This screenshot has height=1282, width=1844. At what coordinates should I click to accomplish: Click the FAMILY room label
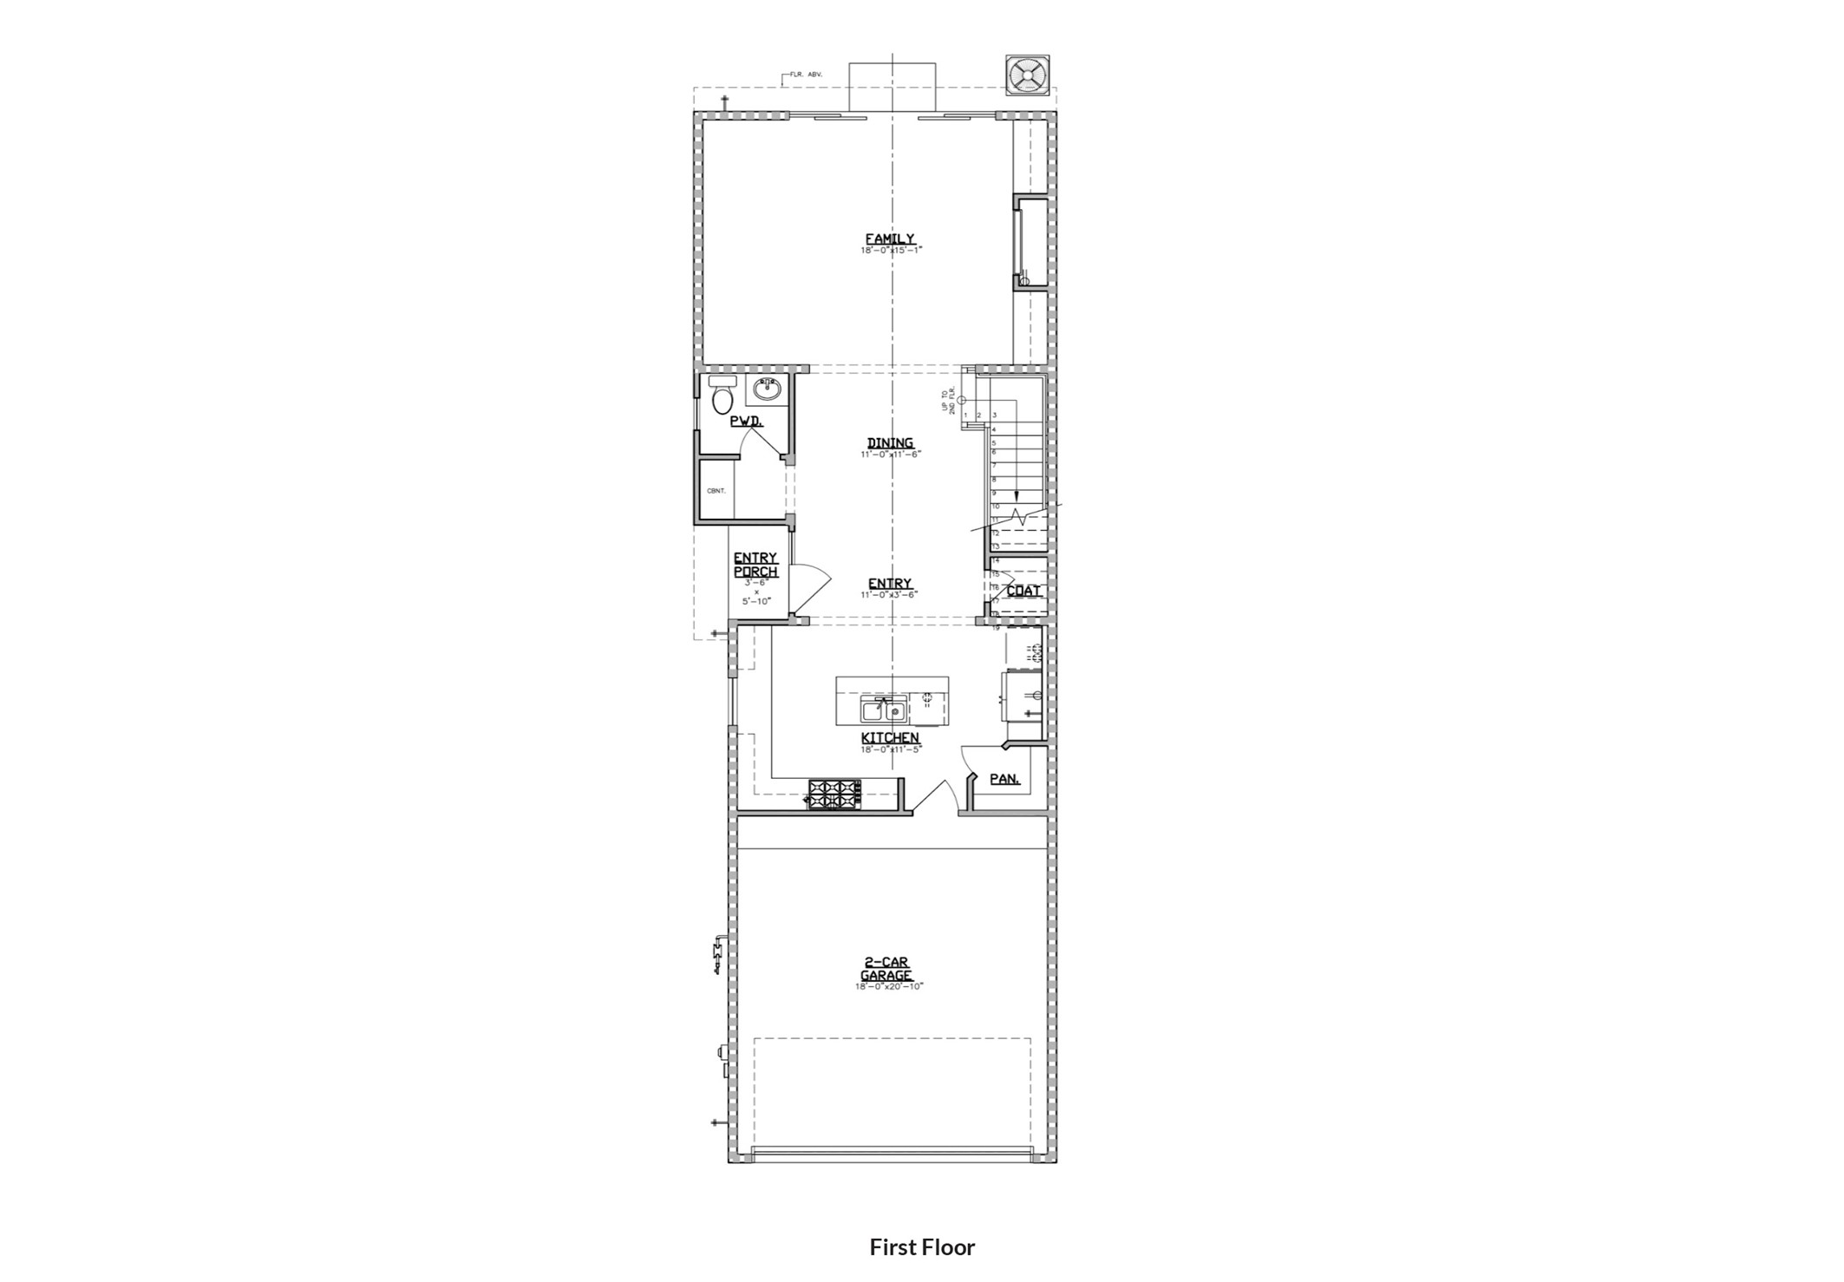(889, 239)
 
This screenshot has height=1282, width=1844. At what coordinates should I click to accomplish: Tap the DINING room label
(890, 442)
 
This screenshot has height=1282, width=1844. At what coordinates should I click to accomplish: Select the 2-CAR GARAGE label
(886, 968)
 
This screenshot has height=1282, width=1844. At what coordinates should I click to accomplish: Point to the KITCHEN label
(890, 737)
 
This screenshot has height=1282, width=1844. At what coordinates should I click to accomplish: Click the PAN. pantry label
(1004, 779)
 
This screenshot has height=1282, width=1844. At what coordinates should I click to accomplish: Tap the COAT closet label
(1023, 591)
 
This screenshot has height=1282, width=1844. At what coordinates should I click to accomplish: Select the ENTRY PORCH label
(755, 565)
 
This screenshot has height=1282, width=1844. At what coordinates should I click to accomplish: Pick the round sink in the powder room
(767, 389)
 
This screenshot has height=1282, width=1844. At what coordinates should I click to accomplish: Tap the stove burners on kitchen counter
(834, 794)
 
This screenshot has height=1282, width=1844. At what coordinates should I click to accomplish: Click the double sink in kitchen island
(884, 712)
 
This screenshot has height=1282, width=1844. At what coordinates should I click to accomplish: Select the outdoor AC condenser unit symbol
(1027, 75)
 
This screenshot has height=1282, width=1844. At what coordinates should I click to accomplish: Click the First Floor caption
(922, 1246)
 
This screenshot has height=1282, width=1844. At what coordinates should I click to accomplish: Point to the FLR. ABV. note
(805, 75)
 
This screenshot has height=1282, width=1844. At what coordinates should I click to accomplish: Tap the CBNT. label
(716, 491)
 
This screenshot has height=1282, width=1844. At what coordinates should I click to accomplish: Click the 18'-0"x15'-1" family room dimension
(891, 250)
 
